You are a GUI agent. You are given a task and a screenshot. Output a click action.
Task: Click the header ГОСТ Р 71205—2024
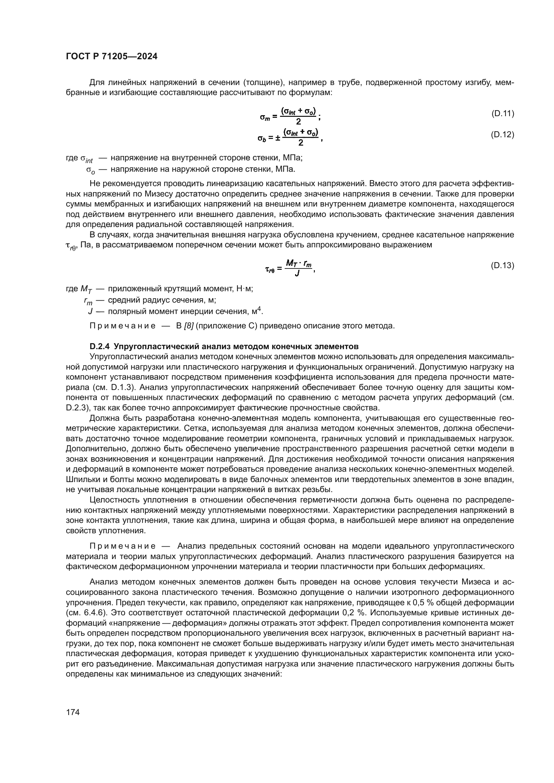[112, 57]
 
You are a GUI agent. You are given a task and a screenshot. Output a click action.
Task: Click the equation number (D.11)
[502, 113]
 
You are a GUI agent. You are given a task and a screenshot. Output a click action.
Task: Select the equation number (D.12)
[502, 135]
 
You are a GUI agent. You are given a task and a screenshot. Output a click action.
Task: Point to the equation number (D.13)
[502, 265]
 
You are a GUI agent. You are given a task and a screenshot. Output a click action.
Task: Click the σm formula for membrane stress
[290, 116]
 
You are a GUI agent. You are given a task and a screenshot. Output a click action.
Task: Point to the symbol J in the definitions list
[90, 311]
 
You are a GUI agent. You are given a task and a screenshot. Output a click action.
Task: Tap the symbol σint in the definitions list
[87, 159]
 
